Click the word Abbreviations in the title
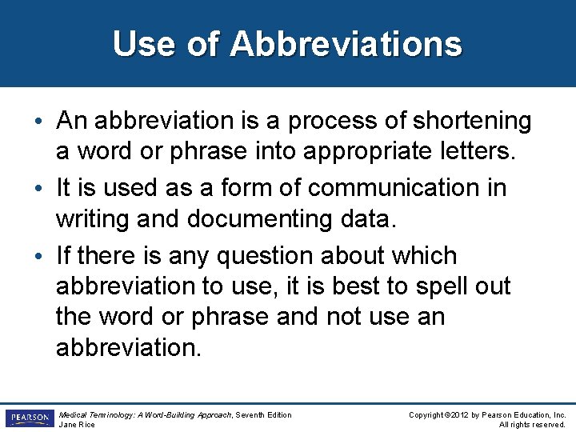click(346, 44)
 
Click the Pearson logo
click(28, 418)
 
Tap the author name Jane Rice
click(78, 425)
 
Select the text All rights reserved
click(532, 425)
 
